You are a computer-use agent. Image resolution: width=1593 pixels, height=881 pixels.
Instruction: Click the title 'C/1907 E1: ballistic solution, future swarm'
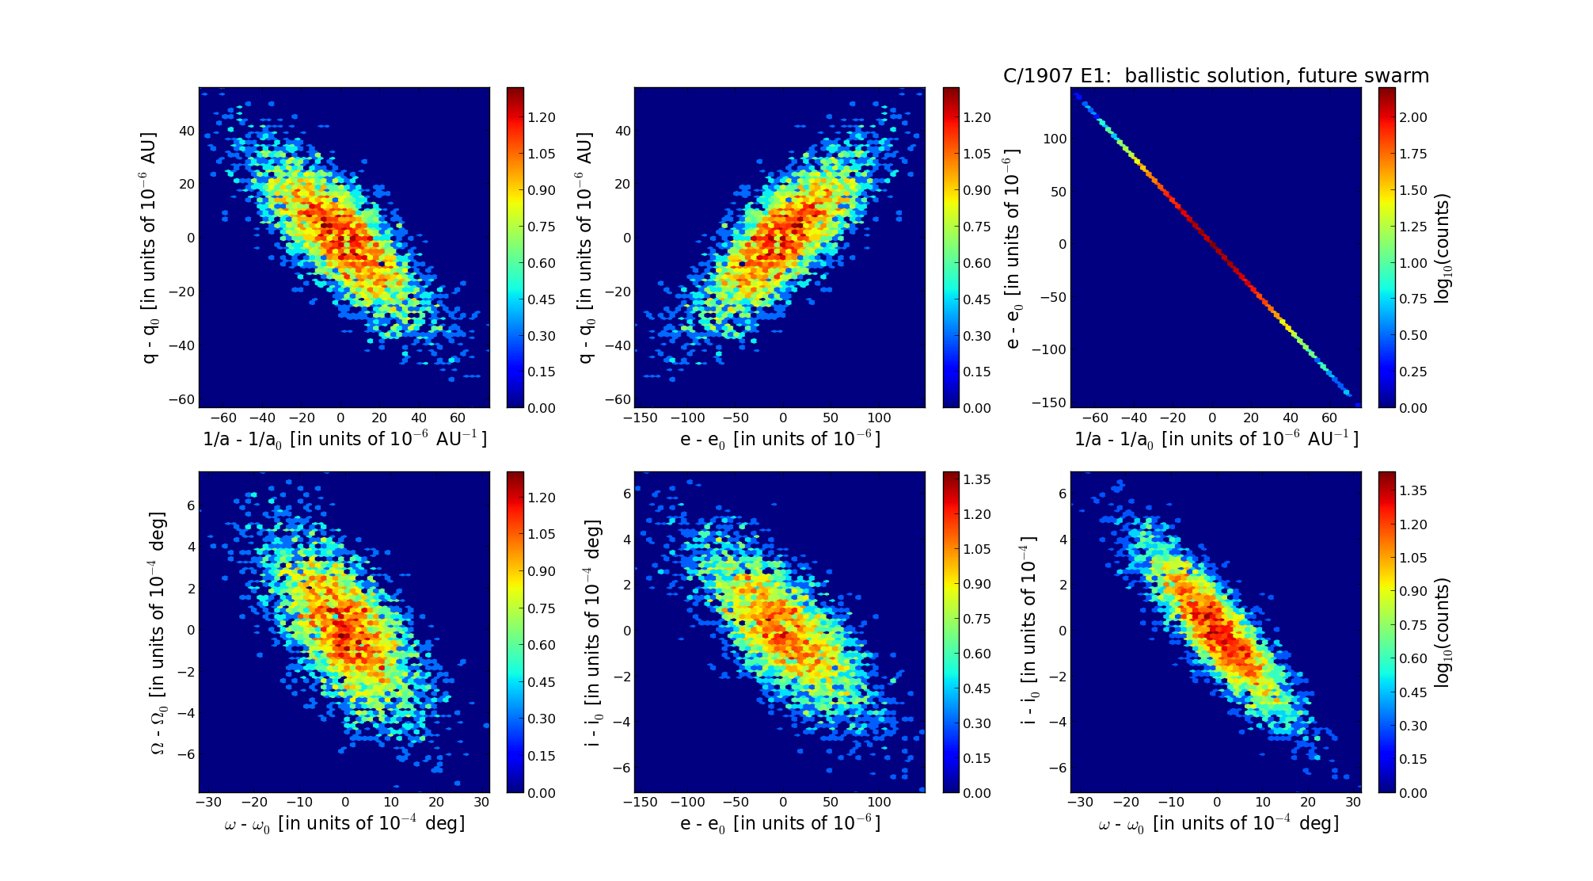1215,76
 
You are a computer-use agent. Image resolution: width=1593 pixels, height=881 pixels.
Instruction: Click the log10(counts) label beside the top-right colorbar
1443,247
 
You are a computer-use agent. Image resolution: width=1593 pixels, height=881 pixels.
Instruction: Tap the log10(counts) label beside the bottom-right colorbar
1443,632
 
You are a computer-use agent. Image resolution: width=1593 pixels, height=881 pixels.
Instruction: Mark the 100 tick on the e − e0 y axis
1054,139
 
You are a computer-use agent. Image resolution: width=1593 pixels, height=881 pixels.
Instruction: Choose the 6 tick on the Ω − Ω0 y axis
190,505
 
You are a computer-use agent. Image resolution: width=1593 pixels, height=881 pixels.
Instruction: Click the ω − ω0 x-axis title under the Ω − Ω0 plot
344,824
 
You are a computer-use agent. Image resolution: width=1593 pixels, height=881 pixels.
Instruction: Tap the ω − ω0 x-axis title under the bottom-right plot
1218,824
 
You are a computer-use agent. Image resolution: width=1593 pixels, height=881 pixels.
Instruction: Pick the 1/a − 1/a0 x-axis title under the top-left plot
344,439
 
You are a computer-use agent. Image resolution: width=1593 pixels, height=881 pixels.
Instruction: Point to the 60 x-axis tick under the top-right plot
1329,418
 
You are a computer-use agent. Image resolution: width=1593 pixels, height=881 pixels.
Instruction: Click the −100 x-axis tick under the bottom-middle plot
688,802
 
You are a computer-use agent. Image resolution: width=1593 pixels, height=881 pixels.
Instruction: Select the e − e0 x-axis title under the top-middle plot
780,439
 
